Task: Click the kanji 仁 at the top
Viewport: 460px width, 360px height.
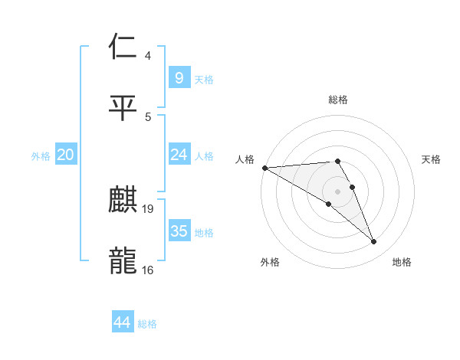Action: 123,48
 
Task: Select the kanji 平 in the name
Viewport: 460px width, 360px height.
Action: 123,107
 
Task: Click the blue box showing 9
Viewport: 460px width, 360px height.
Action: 179,77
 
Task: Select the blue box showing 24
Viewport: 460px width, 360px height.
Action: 179,155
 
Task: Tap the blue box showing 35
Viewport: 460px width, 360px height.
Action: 179,231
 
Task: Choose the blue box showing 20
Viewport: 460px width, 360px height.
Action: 66,155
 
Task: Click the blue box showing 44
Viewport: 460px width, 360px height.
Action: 123,322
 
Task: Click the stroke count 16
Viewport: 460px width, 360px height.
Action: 148,270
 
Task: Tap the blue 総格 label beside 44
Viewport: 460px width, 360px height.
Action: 147,324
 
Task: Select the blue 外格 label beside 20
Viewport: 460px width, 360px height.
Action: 41,156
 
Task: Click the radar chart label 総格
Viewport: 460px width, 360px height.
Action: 338,100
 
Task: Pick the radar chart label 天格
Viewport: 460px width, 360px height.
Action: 432,159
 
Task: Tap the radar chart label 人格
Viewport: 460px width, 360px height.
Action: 245,159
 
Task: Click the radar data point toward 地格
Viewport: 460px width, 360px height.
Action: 374,242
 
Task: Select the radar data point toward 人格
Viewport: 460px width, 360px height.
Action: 264,168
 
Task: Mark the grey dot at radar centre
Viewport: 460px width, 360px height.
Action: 337,191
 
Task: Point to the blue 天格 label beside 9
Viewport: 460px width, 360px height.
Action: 204,79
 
